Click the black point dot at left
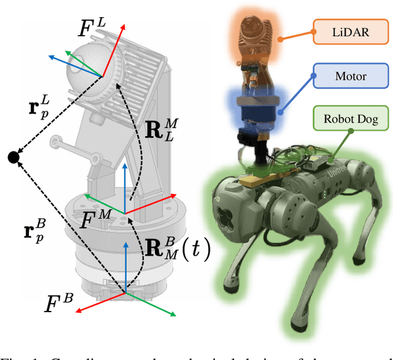click(13, 158)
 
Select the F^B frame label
click(61, 303)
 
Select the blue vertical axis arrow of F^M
click(126, 184)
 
